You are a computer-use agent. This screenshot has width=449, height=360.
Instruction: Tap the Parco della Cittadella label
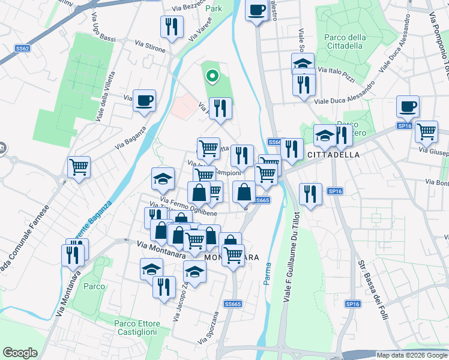[x=345, y=41]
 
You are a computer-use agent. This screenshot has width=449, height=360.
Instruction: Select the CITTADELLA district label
[x=333, y=155]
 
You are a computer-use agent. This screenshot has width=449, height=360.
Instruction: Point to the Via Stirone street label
[x=150, y=46]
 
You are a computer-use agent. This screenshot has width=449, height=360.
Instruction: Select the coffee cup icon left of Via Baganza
[x=144, y=100]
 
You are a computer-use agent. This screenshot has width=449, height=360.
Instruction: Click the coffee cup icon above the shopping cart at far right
[x=408, y=107]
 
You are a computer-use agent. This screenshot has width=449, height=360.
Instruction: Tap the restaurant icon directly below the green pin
[x=220, y=109]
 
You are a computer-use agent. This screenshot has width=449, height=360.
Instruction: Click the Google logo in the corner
[x=20, y=353]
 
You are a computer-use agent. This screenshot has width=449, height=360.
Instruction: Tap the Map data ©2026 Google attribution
[x=412, y=355]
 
